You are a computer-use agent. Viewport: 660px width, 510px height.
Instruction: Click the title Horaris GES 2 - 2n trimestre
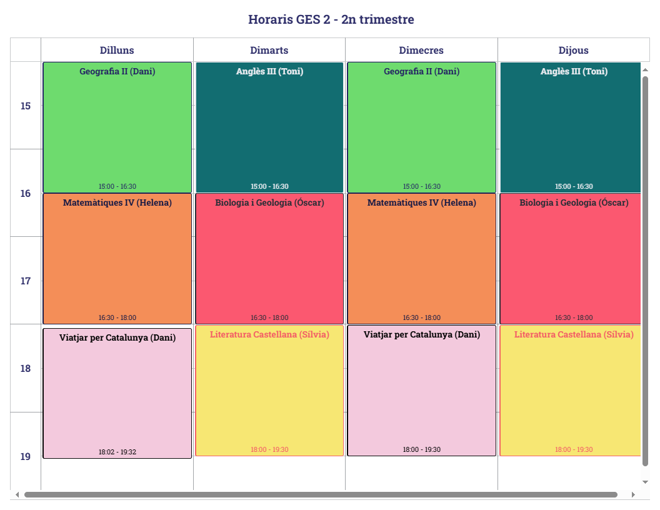coord(331,19)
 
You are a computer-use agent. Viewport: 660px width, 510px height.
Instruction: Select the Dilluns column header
coord(117,50)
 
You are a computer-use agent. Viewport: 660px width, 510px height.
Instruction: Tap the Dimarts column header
coord(269,50)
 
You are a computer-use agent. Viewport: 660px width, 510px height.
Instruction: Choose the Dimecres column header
coord(421,50)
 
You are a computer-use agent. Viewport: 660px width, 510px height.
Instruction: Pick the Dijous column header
coord(573,50)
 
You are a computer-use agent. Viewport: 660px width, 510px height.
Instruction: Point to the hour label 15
coord(26,106)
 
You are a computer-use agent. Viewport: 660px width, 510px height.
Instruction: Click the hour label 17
coord(26,281)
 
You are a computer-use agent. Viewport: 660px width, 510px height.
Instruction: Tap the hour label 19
coord(26,456)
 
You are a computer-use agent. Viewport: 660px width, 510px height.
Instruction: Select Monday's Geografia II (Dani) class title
coord(117,71)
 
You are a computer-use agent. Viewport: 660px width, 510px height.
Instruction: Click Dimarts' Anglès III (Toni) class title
coord(269,71)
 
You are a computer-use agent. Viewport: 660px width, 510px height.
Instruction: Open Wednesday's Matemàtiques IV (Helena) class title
coord(422,202)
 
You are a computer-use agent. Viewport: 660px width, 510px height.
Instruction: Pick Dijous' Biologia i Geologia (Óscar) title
coord(574,202)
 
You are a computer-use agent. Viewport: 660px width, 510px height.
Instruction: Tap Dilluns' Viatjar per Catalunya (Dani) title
coord(117,337)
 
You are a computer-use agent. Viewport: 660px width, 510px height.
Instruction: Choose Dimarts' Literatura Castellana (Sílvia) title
coord(269,334)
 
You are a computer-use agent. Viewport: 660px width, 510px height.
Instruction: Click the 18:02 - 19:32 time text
coord(117,452)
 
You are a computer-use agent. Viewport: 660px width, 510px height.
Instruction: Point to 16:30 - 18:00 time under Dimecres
coord(422,317)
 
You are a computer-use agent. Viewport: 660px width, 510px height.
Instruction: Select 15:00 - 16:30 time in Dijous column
coord(574,186)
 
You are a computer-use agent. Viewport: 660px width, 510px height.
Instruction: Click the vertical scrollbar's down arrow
coord(646,482)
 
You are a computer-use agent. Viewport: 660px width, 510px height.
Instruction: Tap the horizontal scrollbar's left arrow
coord(17,494)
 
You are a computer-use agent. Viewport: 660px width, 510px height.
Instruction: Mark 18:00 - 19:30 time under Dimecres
coord(422,449)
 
